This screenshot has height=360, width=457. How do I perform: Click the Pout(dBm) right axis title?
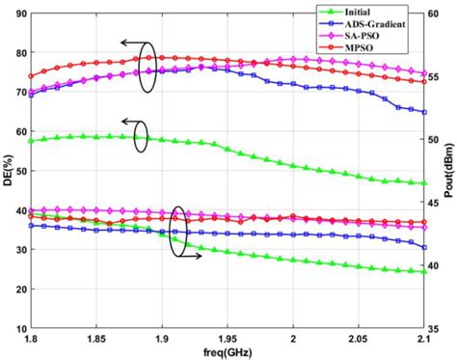coord(449,171)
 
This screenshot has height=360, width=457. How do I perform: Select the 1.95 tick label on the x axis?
coord(227,338)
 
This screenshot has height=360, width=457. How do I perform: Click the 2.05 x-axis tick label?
coord(359,338)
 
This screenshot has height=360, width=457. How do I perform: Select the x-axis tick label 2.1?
coord(422,338)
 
